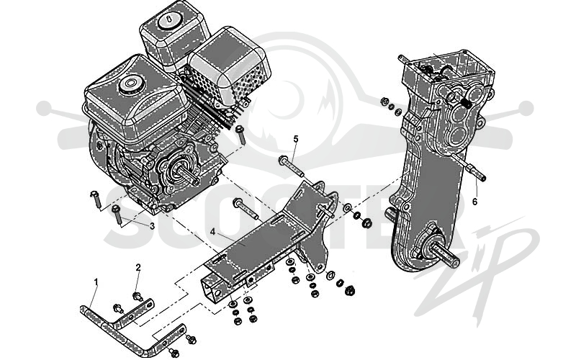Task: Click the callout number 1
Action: click(96, 282)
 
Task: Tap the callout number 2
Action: click(138, 267)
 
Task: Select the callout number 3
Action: click(152, 226)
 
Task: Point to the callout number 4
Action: click(212, 232)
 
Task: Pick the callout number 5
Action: click(296, 139)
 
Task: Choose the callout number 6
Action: click(474, 202)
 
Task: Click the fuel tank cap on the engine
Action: click(130, 84)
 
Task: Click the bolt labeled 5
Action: click(292, 166)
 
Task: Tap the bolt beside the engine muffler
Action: click(240, 135)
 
